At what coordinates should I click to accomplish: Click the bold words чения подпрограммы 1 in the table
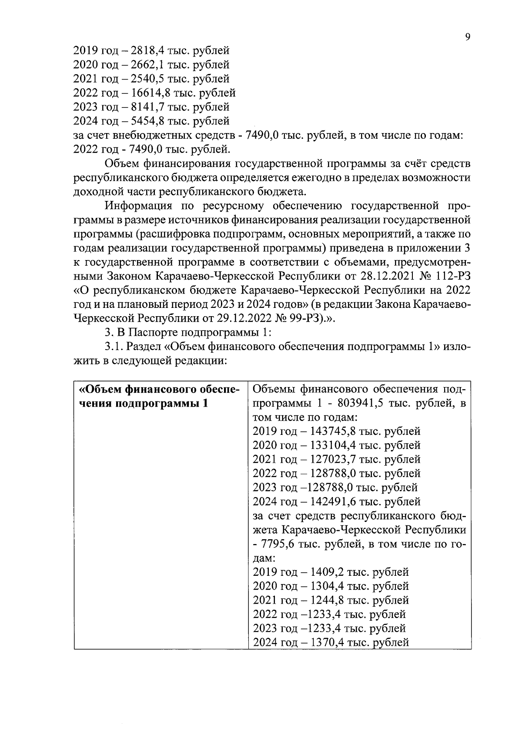[142, 403]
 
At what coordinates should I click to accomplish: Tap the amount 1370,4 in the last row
[328, 642]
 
